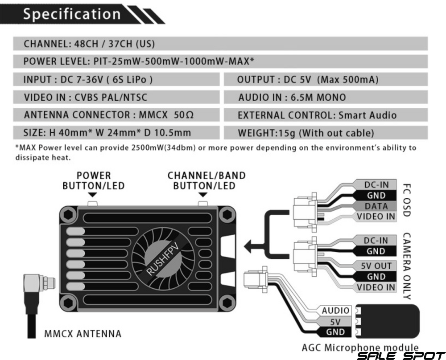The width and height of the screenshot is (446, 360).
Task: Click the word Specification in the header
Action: [x=72, y=14]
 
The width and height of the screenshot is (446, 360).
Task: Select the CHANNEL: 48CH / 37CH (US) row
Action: [x=220, y=44]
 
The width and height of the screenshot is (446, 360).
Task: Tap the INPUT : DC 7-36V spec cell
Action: [x=116, y=79]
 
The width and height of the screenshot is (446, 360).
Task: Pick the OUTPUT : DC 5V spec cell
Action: [x=326, y=79]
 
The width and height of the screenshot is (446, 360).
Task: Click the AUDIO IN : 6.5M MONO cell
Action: [x=326, y=97]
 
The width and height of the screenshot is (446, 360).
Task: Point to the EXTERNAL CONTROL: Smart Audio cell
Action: [x=326, y=115]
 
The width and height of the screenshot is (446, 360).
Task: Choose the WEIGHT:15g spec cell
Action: [x=326, y=133]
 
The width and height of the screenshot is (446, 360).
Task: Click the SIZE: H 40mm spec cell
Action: [x=116, y=133]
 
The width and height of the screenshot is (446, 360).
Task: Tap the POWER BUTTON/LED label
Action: [x=94, y=181]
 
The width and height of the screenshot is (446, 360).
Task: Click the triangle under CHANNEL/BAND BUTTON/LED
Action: [x=203, y=195]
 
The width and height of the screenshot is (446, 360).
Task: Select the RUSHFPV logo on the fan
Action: [x=163, y=259]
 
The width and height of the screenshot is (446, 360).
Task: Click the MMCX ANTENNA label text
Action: [x=83, y=334]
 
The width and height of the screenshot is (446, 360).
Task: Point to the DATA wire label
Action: [x=376, y=206]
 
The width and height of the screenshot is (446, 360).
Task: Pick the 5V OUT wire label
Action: [x=376, y=266]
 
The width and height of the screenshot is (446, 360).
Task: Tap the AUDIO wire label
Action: [x=335, y=311]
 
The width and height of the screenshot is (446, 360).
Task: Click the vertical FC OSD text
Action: [x=407, y=200]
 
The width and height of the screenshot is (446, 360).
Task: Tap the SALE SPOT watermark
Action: [x=401, y=356]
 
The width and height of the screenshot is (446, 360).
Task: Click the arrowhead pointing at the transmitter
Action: [x=248, y=246]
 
